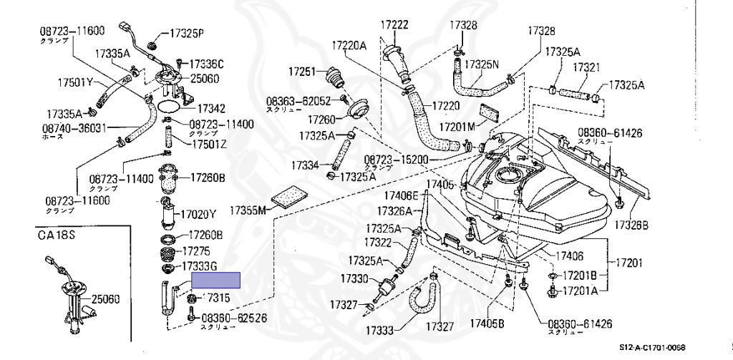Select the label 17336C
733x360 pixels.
click(205, 64)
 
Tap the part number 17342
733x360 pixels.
click(210, 109)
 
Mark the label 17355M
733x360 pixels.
click(248, 210)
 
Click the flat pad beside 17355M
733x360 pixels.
click(289, 196)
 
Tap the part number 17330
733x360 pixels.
click(354, 278)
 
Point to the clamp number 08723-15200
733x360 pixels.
click(396, 160)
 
